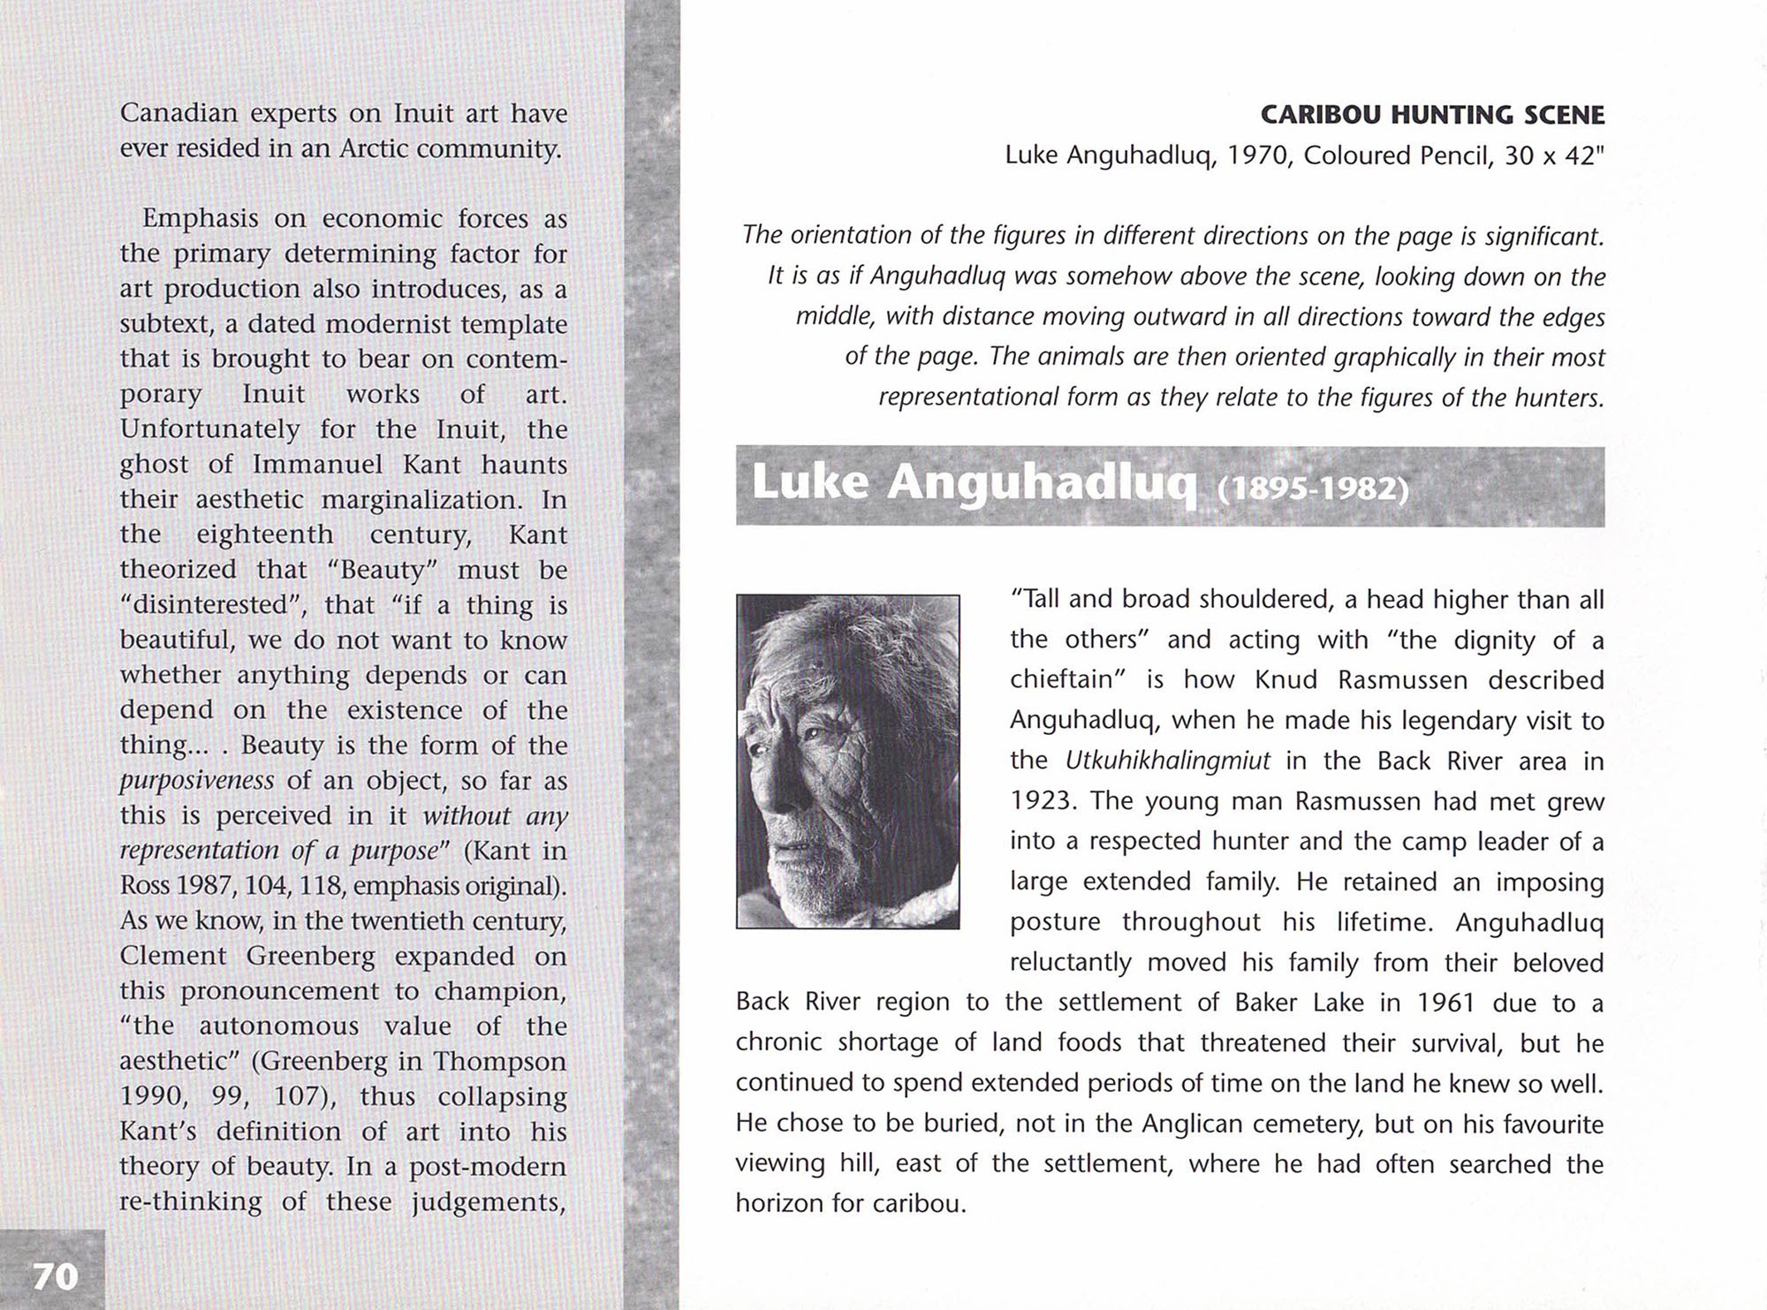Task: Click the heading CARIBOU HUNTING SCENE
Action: pyautogui.click(x=1431, y=115)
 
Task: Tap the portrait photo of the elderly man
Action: pyautogui.click(x=847, y=761)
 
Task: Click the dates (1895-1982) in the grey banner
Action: pyautogui.click(x=1313, y=488)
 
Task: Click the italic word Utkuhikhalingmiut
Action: pyautogui.click(x=1167, y=761)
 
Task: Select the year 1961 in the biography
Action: pyautogui.click(x=1445, y=1003)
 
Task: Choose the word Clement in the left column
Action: pyautogui.click(x=173, y=956)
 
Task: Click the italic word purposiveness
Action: pyautogui.click(x=196, y=781)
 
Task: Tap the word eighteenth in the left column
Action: pyautogui.click(x=265, y=534)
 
